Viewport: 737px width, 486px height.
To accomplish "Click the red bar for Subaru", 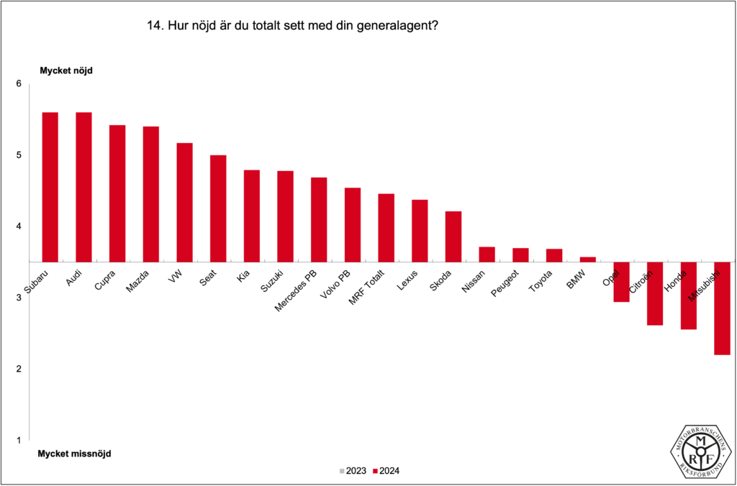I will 50,187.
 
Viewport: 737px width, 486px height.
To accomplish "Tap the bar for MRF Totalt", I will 386,227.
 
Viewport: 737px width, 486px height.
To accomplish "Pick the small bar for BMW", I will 588,259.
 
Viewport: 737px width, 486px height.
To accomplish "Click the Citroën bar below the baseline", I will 654,293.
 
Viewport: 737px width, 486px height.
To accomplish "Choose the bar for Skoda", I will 453,236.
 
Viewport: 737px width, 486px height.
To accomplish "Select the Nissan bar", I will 487,254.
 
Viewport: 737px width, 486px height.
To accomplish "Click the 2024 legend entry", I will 386,471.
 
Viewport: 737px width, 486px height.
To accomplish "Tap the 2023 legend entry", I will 352,471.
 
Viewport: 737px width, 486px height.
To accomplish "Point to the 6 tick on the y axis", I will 19,84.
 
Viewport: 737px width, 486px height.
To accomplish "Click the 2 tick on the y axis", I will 19,369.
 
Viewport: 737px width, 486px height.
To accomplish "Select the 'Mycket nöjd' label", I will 65,70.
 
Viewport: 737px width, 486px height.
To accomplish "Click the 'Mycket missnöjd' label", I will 74,454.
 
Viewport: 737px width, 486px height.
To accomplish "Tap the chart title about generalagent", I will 293,27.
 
